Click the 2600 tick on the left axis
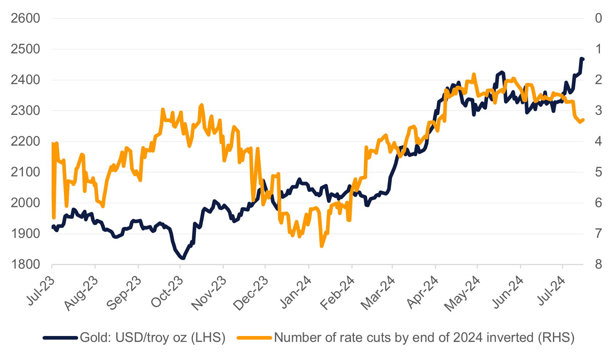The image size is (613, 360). [x=25, y=18]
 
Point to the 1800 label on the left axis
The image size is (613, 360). [x=25, y=264]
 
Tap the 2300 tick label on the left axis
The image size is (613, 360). [x=25, y=111]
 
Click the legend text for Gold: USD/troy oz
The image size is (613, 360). [x=153, y=337]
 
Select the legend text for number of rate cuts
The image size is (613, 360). [x=424, y=337]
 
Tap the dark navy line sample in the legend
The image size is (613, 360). [x=60, y=338]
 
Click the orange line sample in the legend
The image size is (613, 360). [x=254, y=338]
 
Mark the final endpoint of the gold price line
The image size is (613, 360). [x=582, y=59]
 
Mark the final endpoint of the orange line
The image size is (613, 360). [x=583, y=120]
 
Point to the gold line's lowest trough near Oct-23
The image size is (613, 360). [x=183, y=258]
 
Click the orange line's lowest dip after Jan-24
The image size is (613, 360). [x=322, y=246]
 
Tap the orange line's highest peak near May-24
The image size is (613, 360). [x=474, y=74]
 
